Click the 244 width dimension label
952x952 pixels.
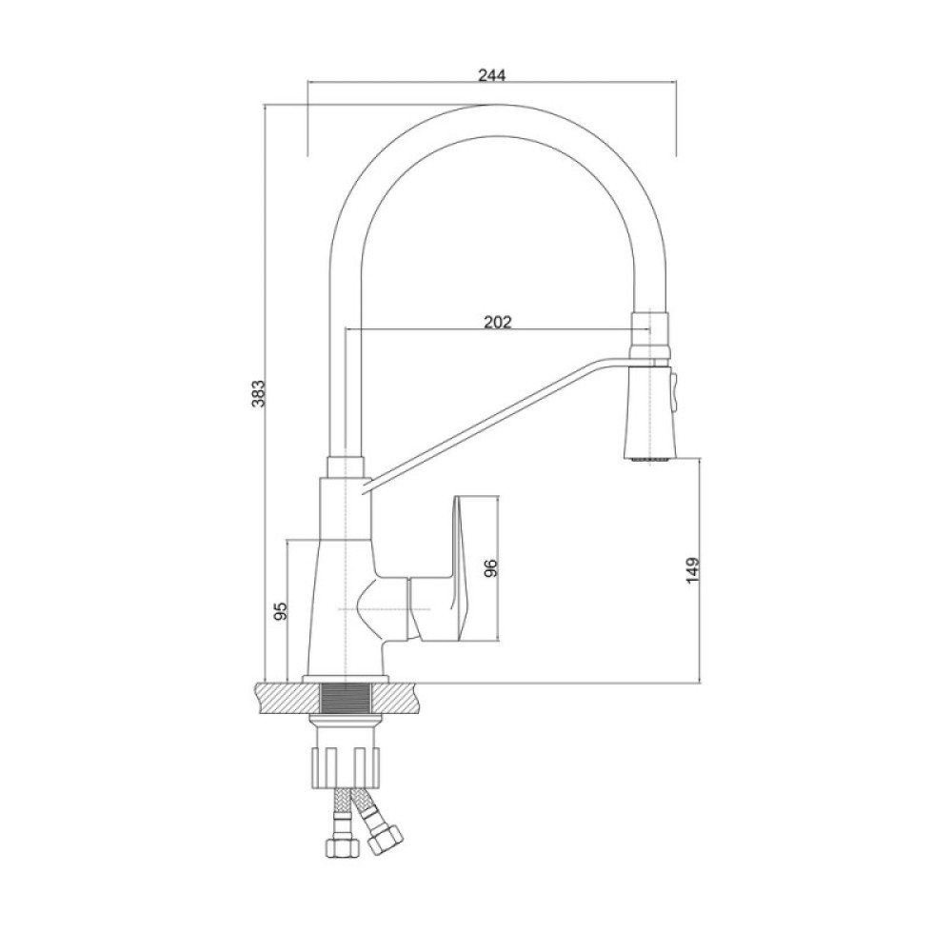pos(492,76)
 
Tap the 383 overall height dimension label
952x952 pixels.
pos(259,393)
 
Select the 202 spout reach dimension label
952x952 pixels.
pos(498,322)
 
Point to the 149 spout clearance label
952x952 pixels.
pos(693,570)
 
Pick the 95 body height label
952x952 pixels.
pos(280,611)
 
